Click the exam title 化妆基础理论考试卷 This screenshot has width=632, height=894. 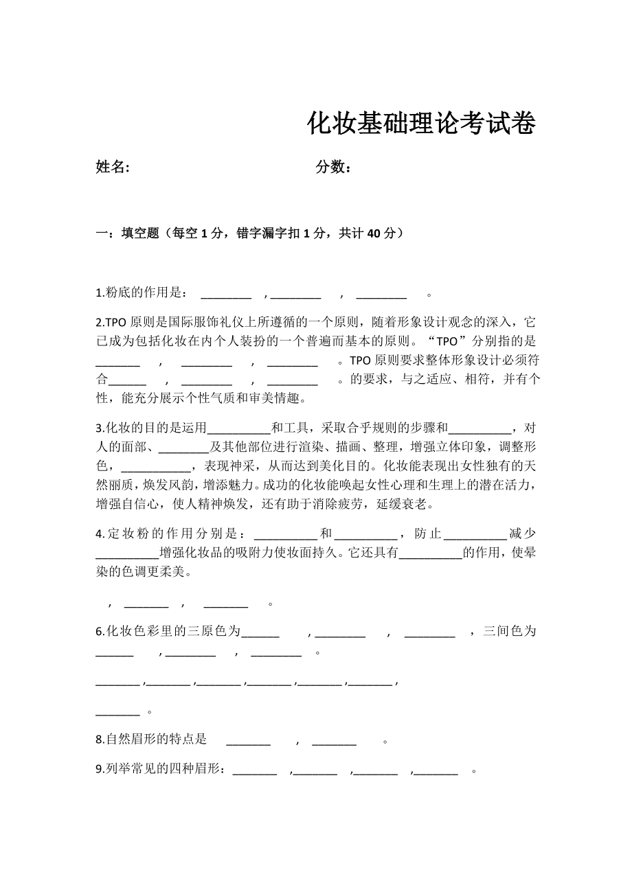click(x=420, y=124)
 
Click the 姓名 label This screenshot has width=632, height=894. click(x=113, y=167)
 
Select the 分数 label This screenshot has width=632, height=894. click(x=334, y=167)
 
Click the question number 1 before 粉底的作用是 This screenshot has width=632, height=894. click(x=99, y=294)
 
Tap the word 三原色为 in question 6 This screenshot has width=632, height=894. click(x=218, y=631)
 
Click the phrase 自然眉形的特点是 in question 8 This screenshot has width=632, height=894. click(x=156, y=740)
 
